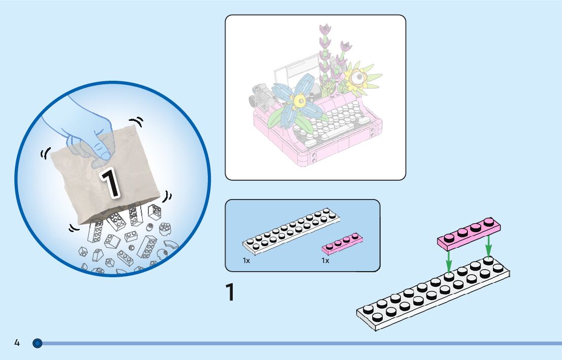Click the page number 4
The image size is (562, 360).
tap(17, 343)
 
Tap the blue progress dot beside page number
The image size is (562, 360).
tap(37, 344)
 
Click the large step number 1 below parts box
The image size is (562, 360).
tap(230, 293)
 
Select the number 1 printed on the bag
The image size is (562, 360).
tap(110, 182)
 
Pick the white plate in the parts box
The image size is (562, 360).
tap(291, 230)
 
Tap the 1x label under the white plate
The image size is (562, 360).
tap(246, 260)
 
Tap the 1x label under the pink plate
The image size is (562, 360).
tap(325, 260)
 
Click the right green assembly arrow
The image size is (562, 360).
tap(488, 247)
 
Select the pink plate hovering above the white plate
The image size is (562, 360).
tap(469, 234)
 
